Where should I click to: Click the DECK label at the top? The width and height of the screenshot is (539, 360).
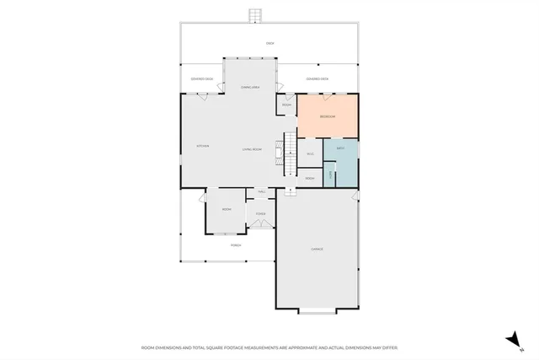point(270,43)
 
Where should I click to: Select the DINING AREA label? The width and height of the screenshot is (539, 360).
point(250,87)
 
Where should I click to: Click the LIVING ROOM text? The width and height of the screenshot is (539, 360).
point(252,149)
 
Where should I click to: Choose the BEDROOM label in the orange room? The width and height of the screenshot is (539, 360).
point(328,116)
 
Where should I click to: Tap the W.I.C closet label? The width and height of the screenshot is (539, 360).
point(310,153)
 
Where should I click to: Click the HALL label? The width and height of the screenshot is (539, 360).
point(261,192)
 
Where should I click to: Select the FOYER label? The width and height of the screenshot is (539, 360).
point(261,214)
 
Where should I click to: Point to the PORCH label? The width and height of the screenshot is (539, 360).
point(237,245)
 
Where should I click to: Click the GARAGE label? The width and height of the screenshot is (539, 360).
point(318,249)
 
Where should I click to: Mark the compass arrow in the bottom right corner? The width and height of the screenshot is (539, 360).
point(510,338)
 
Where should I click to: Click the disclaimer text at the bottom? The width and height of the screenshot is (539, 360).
point(269,347)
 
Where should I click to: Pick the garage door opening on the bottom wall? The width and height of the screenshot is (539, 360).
point(318,313)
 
